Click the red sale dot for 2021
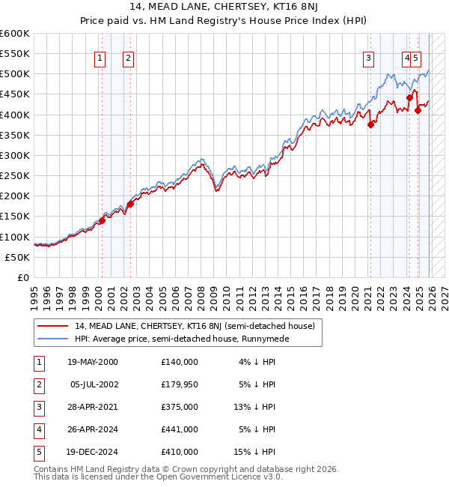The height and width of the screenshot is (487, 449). coord(370,125)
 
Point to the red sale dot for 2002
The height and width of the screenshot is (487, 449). coord(130,204)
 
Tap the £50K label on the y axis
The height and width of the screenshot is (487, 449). coord(18,257)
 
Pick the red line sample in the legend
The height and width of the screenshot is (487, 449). coord(52,326)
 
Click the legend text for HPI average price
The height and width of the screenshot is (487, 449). coord(181,339)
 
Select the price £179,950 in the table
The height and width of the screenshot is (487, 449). coord(180,384)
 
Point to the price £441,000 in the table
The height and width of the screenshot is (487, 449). coord(180,429)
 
